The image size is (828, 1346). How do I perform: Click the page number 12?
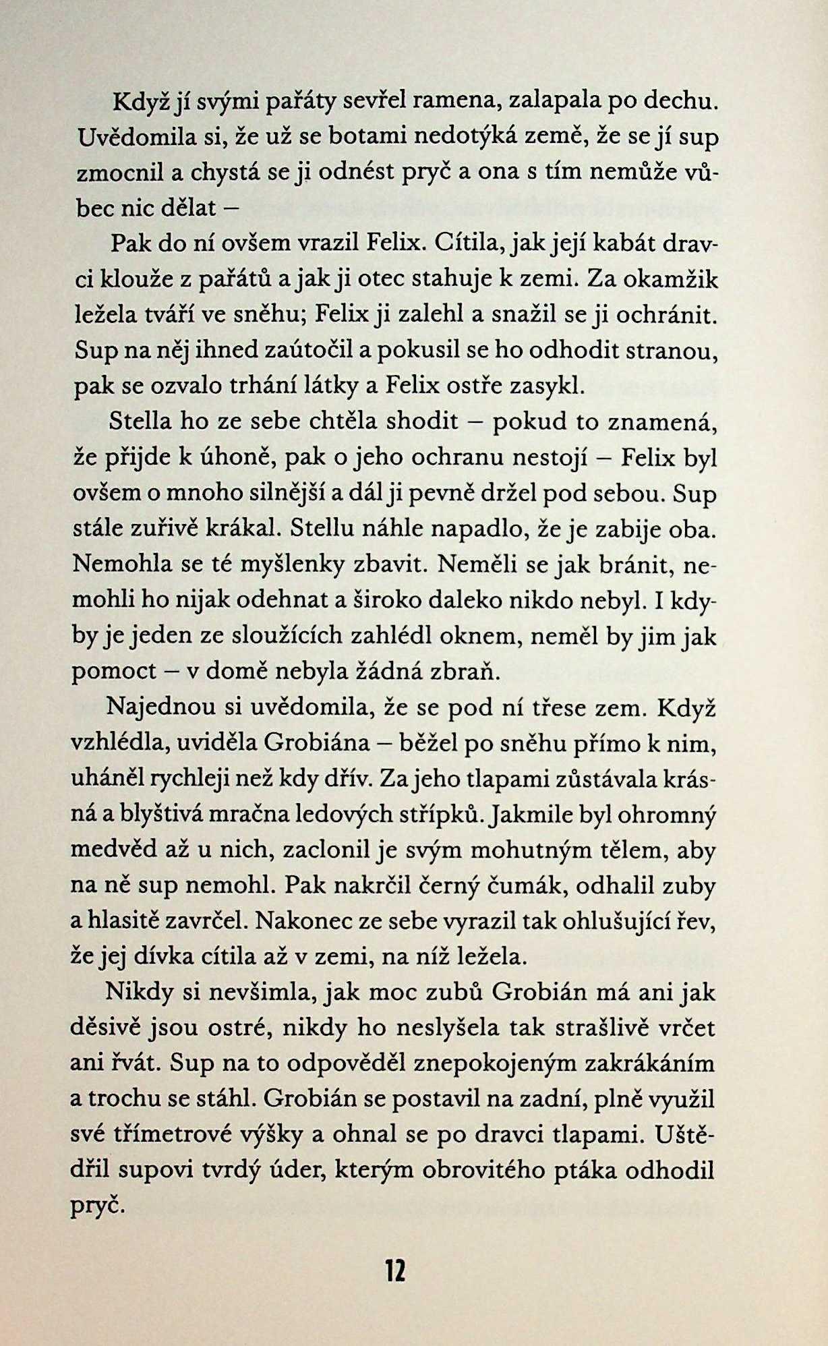point(396,1271)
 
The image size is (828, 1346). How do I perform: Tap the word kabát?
point(618,243)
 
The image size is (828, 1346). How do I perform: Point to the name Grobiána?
point(318,743)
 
